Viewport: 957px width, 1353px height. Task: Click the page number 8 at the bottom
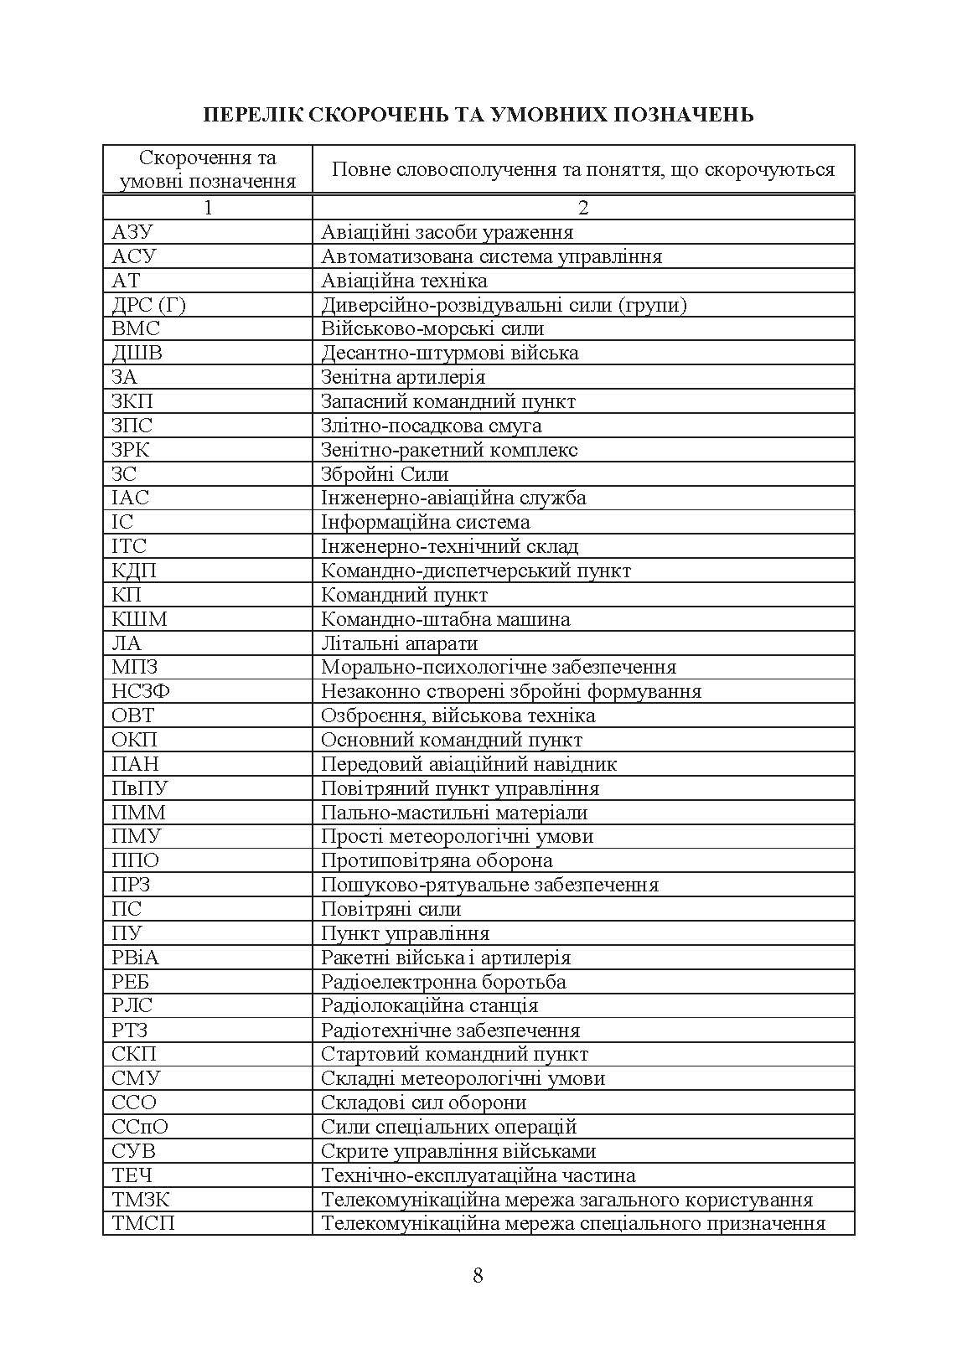click(x=478, y=1276)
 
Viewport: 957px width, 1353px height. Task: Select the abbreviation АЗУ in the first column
click(x=132, y=232)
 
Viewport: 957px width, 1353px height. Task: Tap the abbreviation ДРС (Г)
click(x=148, y=305)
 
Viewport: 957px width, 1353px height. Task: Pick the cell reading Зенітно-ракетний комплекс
click(x=449, y=450)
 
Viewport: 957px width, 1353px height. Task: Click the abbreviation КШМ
click(x=139, y=619)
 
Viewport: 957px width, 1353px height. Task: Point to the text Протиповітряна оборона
click(x=437, y=860)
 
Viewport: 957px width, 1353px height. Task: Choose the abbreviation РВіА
click(x=135, y=958)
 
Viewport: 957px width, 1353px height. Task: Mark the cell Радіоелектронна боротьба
click(x=443, y=982)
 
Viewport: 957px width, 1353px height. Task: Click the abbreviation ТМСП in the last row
click(x=143, y=1223)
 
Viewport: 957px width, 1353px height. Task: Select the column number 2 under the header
click(x=583, y=208)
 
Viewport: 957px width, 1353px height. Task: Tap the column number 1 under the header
click(x=208, y=208)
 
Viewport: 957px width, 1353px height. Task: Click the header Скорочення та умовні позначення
click(x=208, y=169)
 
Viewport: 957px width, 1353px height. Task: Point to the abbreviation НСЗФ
click(x=141, y=691)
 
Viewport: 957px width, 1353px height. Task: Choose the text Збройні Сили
click(x=385, y=474)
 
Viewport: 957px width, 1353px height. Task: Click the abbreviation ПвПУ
click(x=140, y=788)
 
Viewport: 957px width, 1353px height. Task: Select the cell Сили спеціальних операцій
click(x=449, y=1127)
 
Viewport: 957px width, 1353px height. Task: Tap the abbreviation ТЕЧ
click(x=132, y=1175)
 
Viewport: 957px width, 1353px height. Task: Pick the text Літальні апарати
click(x=399, y=643)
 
